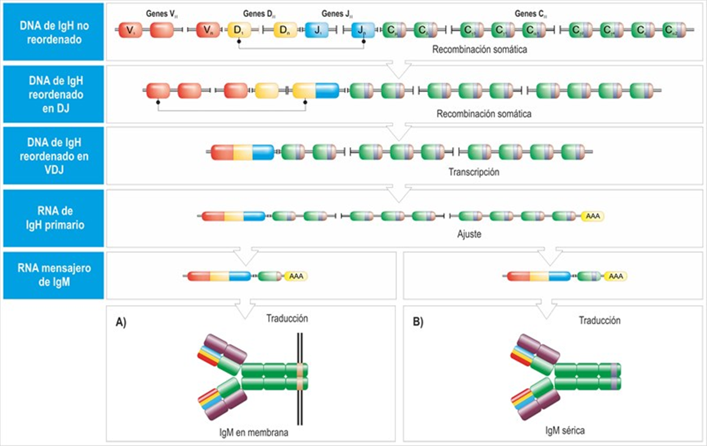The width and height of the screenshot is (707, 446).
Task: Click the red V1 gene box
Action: (130, 30)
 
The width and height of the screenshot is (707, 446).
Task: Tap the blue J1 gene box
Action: (316, 30)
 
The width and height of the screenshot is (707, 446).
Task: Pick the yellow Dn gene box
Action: (285, 30)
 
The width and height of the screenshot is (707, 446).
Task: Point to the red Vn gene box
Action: (208, 30)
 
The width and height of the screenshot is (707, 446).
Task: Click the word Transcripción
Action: (475, 172)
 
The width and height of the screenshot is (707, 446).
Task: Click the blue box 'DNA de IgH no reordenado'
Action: (54, 32)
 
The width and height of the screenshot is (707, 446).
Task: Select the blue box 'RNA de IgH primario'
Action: (54, 218)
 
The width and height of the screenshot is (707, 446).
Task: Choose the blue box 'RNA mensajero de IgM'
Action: (54, 275)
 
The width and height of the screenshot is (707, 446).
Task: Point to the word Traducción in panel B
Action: (600, 321)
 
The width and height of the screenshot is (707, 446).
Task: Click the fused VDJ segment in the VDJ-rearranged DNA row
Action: (242, 152)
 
